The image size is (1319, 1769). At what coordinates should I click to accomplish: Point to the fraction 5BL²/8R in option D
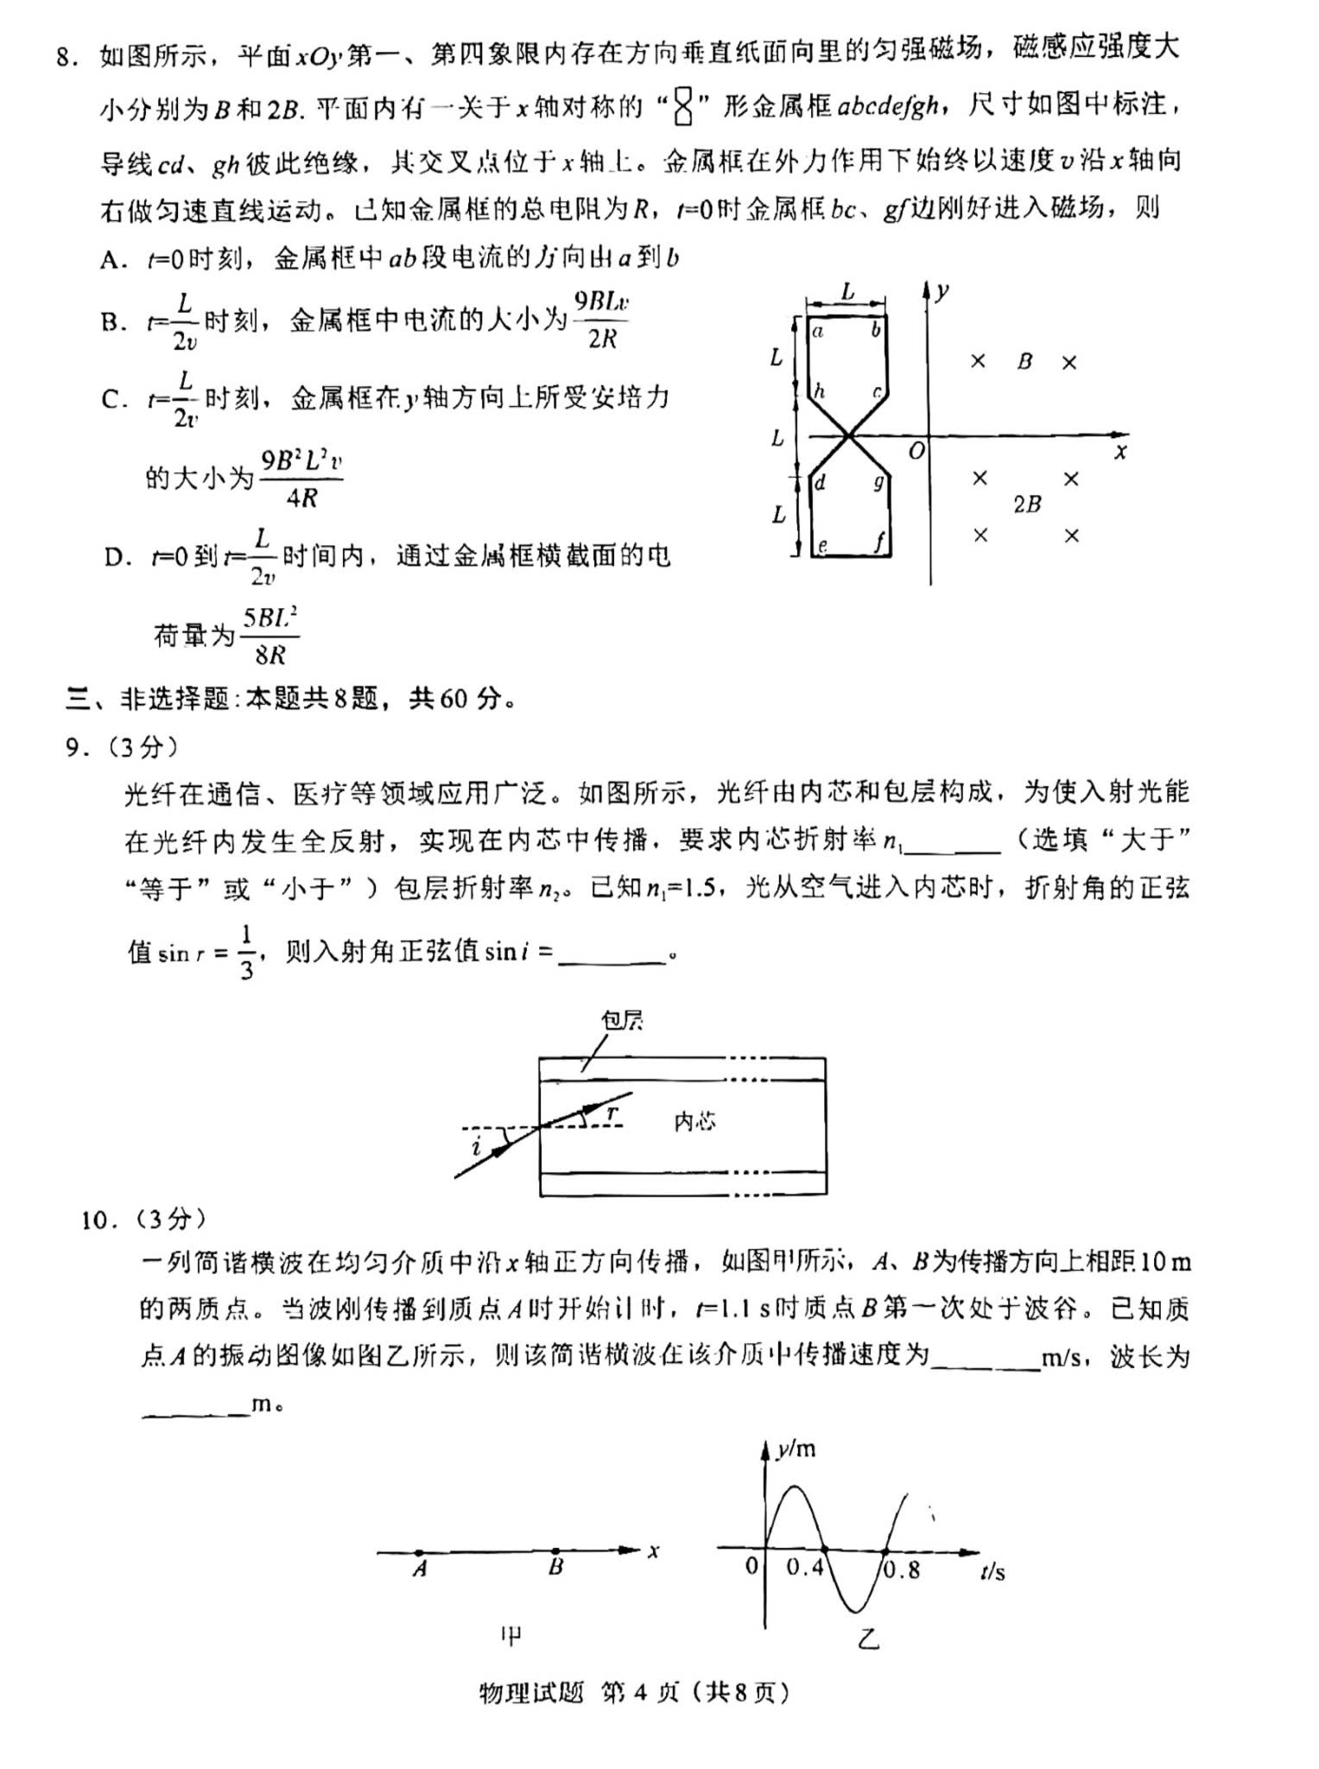(270, 636)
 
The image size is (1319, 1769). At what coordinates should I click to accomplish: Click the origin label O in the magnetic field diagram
(916, 450)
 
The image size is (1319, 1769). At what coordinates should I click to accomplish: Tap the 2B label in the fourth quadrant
(1027, 504)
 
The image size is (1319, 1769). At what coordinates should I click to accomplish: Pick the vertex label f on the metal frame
(878, 542)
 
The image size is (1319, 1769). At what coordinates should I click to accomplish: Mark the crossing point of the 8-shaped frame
(851, 436)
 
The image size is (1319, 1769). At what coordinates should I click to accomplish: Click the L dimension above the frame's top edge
(847, 291)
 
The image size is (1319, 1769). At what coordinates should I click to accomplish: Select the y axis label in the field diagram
(943, 290)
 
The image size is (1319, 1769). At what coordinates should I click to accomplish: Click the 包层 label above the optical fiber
(622, 1020)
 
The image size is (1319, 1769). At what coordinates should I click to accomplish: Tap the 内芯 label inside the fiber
(694, 1121)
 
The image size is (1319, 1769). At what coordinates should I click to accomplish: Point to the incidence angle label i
(476, 1147)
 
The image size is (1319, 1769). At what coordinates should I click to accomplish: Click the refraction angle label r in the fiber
(612, 1112)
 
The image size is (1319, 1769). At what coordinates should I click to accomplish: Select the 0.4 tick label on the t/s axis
(805, 1568)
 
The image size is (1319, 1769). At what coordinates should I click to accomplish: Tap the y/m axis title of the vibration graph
(796, 1449)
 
